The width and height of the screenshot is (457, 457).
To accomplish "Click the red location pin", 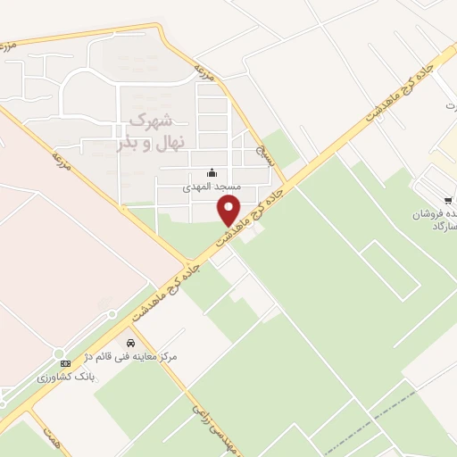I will click(230, 211).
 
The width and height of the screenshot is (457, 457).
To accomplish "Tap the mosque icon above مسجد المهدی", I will click(212, 172).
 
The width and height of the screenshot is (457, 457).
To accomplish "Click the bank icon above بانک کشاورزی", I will click(65, 363).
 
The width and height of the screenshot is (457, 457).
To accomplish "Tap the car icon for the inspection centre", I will click(131, 342).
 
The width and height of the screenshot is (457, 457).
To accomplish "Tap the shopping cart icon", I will click(447, 199).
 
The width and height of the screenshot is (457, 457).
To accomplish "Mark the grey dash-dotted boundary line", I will click(357, 432).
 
